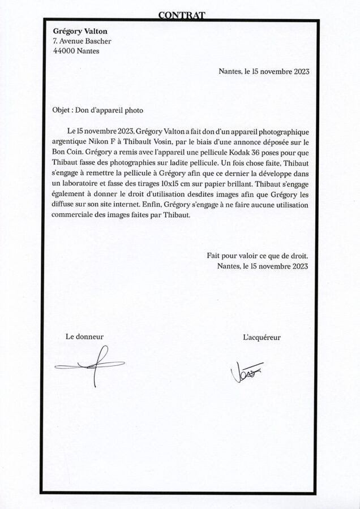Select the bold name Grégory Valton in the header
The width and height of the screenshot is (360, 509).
[80, 31]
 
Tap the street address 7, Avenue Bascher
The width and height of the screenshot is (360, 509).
[82, 41]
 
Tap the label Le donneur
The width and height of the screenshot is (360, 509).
[84, 337]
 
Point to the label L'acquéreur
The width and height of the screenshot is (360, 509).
[262, 338]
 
